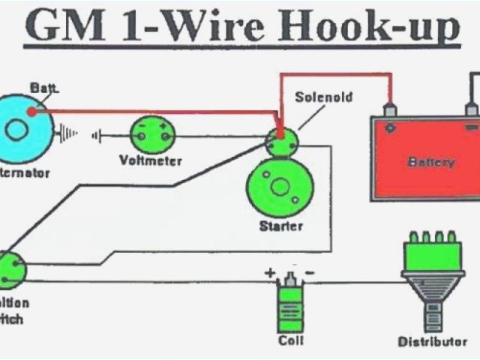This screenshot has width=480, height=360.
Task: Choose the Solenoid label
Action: [x=323, y=97]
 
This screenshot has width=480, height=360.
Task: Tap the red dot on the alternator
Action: [x=31, y=112]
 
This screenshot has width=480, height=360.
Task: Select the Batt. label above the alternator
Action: [x=43, y=88]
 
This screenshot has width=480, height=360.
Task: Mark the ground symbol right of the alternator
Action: [x=69, y=134]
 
